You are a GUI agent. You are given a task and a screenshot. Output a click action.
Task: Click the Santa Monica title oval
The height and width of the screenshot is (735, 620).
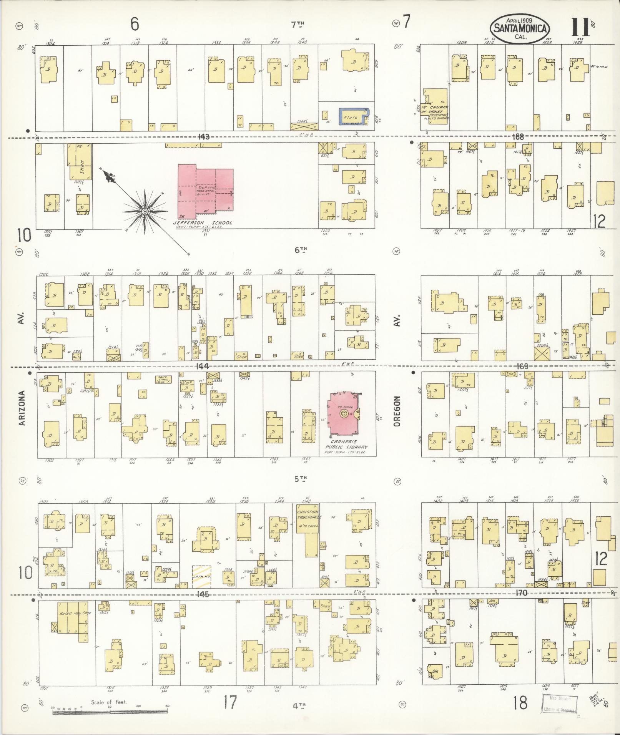[520, 28]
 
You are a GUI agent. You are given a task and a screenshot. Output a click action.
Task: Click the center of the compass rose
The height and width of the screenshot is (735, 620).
[145, 212]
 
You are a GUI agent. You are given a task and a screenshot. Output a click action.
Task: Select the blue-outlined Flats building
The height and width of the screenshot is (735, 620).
[353, 116]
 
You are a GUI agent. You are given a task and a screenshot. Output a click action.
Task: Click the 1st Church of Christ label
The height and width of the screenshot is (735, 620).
[434, 112]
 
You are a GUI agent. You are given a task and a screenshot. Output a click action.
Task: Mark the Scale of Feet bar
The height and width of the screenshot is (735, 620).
[111, 712]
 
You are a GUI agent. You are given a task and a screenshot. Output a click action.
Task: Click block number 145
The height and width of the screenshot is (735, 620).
[202, 594]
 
